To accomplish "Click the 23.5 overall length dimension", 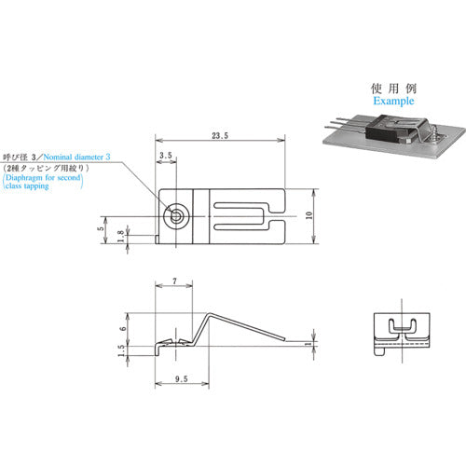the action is click(x=220, y=136).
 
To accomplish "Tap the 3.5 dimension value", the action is click(x=166, y=156).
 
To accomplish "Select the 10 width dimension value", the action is click(x=309, y=215).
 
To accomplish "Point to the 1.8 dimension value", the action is click(x=121, y=236).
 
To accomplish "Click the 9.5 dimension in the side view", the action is click(x=182, y=379).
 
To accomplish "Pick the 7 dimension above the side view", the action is click(x=175, y=281).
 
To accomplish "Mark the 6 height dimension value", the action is click(x=123, y=328).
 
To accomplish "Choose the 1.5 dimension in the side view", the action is click(x=121, y=350).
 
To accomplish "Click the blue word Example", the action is click(x=393, y=101).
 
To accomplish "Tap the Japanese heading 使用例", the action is click(x=393, y=89).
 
